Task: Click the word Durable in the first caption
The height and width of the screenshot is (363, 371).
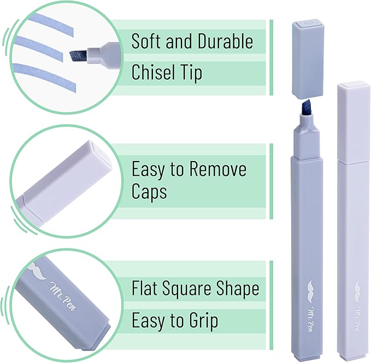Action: click(x=225, y=41)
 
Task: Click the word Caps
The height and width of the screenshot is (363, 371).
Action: click(x=149, y=192)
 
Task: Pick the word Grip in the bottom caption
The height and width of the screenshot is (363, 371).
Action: click(x=203, y=321)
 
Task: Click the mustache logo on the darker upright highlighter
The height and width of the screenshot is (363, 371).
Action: click(x=312, y=291)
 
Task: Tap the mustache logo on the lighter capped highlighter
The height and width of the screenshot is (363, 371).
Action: click(x=358, y=292)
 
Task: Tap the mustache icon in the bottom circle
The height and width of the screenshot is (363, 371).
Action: click(x=37, y=271)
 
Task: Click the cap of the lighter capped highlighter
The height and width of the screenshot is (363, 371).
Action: click(x=353, y=122)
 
